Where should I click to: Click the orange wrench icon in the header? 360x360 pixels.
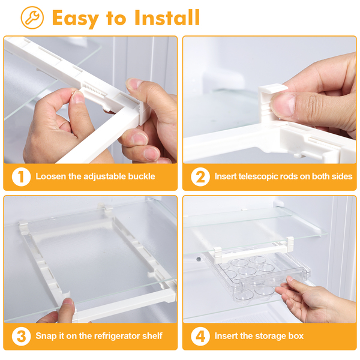pos(32,17)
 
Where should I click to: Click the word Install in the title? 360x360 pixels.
pos(167,17)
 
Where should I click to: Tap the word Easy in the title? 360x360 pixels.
pos(76,19)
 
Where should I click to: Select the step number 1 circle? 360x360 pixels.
pos(21,176)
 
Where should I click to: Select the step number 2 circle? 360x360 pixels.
pos(200,176)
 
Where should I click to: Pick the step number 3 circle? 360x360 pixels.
pos(21,336)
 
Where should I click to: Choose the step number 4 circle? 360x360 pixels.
pos(200,336)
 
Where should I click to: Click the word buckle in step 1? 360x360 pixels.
pos(142,176)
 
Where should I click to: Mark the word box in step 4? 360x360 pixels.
pos(296,336)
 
